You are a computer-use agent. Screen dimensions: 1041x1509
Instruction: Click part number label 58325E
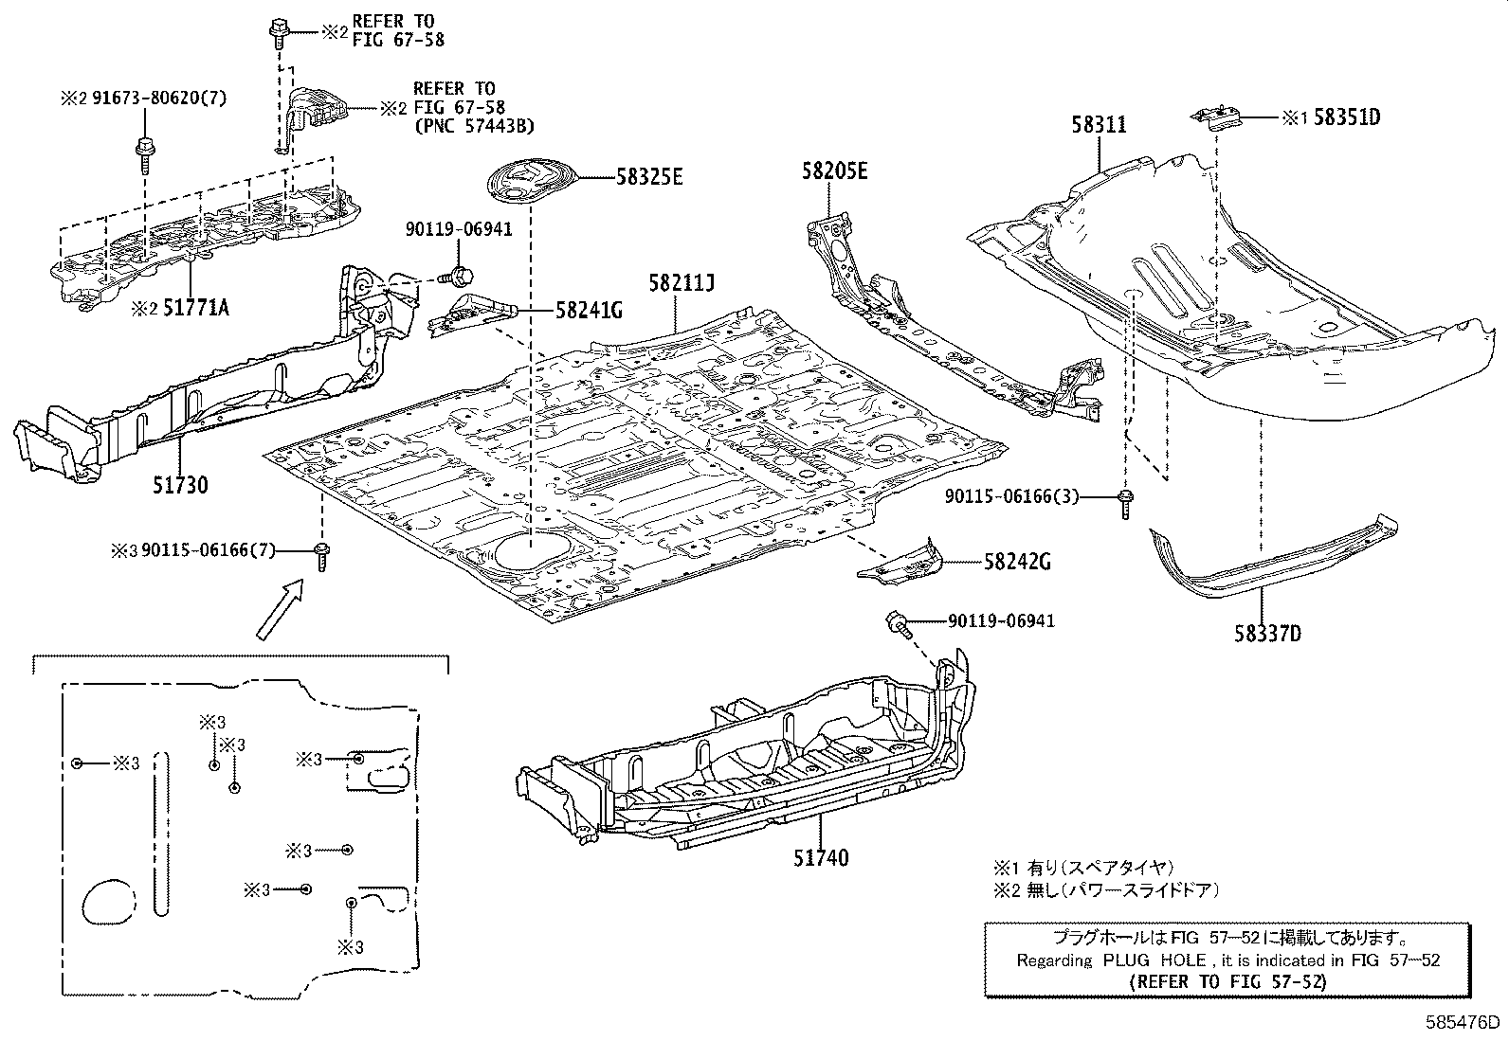click(649, 177)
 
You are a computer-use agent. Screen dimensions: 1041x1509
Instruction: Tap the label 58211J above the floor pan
click(681, 282)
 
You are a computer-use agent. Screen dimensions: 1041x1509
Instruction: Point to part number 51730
click(180, 485)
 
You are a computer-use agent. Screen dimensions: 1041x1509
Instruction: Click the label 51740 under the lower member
click(821, 858)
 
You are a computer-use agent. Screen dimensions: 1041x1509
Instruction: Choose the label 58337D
click(1267, 633)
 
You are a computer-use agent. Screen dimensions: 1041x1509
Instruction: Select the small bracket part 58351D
click(1218, 119)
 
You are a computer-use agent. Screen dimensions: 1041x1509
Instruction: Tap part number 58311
click(1100, 124)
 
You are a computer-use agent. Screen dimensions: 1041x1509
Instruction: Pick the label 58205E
click(834, 171)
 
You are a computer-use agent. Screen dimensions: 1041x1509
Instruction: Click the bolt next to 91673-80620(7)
click(145, 152)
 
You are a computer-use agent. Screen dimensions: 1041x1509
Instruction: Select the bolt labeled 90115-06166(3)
click(1125, 501)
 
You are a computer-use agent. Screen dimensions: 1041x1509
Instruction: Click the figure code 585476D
click(1464, 1024)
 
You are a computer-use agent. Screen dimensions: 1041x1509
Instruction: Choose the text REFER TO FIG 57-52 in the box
click(1227, 981)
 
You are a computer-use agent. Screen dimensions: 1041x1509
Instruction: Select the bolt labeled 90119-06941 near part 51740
click(897, 622)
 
